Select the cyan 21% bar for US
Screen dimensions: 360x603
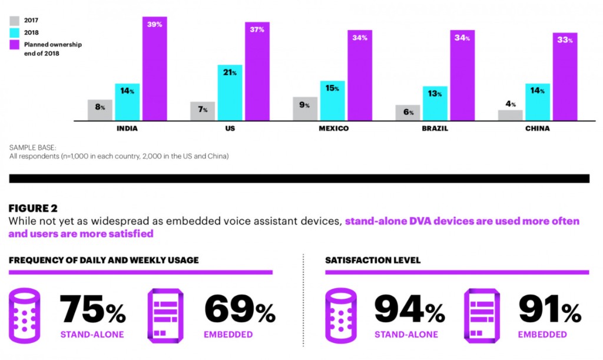(230, 93)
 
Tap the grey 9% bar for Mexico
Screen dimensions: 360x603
(305, 109)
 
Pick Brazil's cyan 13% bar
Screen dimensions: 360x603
(435, 103)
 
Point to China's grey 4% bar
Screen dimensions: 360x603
(510, 115)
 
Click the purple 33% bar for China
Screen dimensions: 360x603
(564, 77)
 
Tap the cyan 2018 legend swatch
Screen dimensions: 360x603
(15, 32)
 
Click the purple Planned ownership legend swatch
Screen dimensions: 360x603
(15, 44)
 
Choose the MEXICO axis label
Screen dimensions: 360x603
(333, 128)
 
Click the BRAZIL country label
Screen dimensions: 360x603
(435, 128)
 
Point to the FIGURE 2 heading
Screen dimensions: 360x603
(32, 208)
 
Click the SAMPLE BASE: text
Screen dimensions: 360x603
(29, 147)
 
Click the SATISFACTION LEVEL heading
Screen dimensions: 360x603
(373, 260)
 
